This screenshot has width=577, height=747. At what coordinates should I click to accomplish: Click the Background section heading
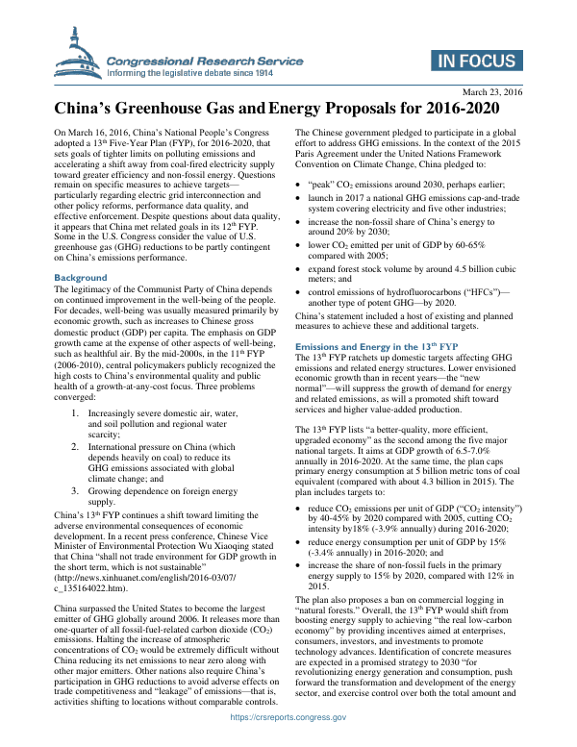click(x=81, y=277)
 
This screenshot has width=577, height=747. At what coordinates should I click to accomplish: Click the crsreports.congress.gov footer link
click(x=288, y=742)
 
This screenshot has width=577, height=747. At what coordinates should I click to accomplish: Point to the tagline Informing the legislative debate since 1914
click(x=204, y=72)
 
